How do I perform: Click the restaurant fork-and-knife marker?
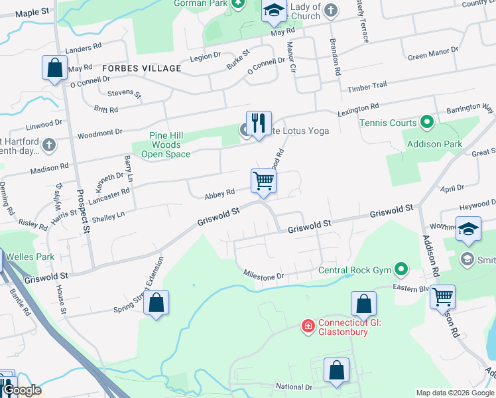click(x=259, y=123)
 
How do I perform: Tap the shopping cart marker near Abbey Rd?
click(x=263, y=180)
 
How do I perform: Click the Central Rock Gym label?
click(x=354, y=269)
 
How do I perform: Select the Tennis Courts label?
click(x=388, y=123)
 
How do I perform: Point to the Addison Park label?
click(x=424, y=143)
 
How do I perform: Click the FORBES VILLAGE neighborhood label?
click(x=141, y=68)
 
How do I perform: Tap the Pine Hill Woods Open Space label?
click(x=165, y=145)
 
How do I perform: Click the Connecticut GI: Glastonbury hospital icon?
click(x=308, y=325)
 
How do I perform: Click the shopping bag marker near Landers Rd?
click(x=54, y=68)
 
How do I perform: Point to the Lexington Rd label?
click(x=359, y=107)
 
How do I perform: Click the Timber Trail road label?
click(x=366, y=86)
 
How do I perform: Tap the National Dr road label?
click(x=293, y=386)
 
